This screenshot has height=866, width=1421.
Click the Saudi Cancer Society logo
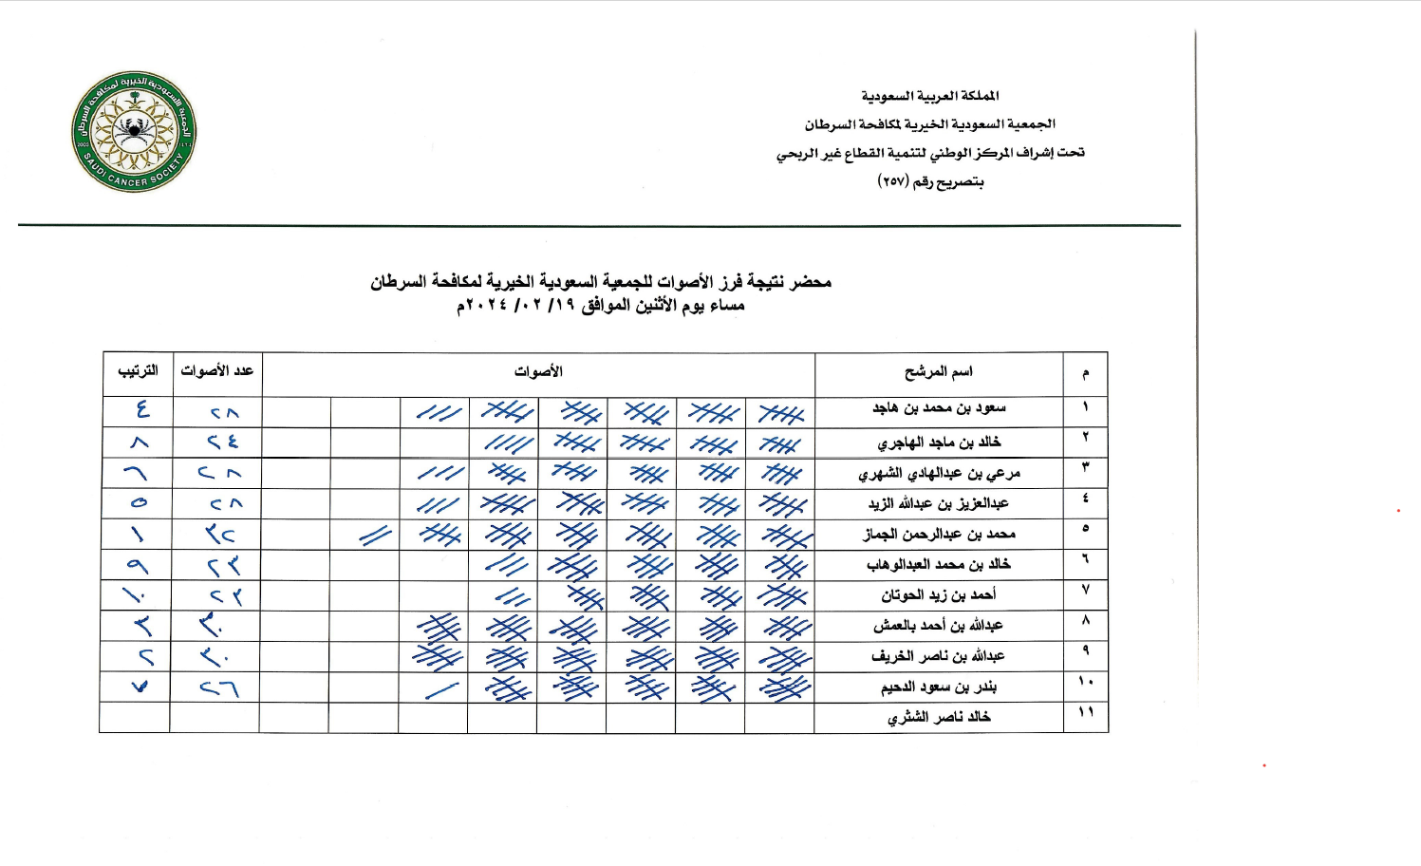[134, 131]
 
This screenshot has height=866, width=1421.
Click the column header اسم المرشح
[938, 371]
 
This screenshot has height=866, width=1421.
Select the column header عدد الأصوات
[216, 370]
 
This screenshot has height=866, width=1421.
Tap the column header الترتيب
[138, 370]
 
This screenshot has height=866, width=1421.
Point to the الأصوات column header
[538, 371]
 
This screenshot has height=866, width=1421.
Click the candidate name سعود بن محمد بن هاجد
[939, 408]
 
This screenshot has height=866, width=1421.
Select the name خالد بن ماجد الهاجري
[939, 442]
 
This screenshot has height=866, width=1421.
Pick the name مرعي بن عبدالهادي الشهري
[939, 473]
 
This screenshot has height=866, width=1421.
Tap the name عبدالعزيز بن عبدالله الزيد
[939, 503]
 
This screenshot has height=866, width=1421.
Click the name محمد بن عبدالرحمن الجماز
[939, 534]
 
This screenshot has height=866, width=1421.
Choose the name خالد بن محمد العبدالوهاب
[939, 564]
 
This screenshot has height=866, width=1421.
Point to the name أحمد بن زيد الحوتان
[939, 595]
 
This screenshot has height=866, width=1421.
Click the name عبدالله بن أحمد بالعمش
[939, 626]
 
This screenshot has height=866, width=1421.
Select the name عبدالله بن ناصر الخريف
[939, 656]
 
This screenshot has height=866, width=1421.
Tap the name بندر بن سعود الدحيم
[939, 687]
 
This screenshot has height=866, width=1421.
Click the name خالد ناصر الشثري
[939, 717]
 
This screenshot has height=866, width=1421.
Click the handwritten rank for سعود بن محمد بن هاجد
[141, 410]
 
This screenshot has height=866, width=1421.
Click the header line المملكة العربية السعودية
[930, 96]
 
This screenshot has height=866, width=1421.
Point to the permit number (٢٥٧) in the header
[893, 181]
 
